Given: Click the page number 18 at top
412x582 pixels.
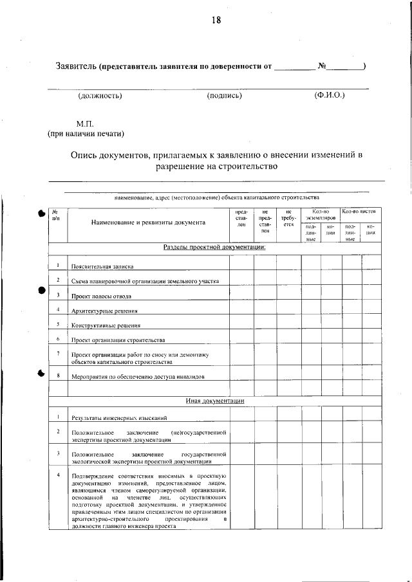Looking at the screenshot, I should click(x=216, y=20).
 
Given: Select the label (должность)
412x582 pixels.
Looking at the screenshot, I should click(x=100, y=96).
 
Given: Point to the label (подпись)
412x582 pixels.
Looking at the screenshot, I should click(x=224, y=96).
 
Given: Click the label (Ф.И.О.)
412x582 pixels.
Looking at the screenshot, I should click(x=330, y=96).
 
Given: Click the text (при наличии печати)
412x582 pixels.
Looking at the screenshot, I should click(x=85, y=134).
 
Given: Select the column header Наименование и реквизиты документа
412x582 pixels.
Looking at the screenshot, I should click(x=149, y=223).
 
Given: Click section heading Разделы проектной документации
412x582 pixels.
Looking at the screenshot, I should click(x=215, y=248).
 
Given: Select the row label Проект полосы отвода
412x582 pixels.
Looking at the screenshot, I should click(x=102, y=296).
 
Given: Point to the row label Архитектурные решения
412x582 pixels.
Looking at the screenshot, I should click(x=103, y=311).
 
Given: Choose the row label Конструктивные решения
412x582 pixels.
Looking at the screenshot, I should click(x=104, y=325).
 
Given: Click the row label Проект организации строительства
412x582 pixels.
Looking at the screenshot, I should click(x=118, y=340).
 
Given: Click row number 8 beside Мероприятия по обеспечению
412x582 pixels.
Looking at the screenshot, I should click(x=58, y=375).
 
